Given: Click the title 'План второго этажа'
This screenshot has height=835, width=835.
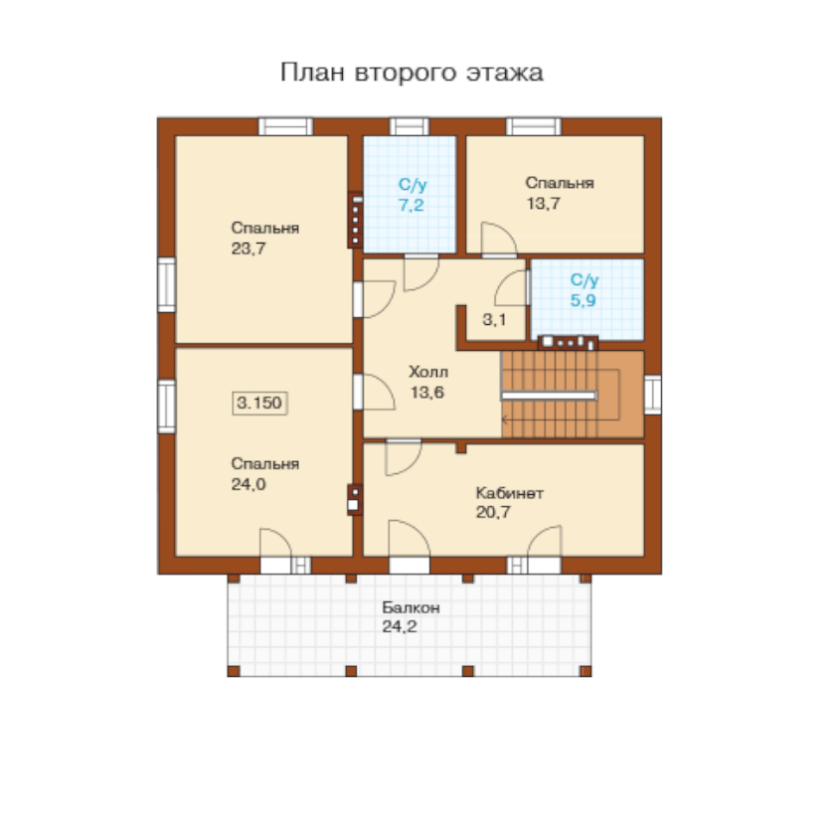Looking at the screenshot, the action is [412, 73].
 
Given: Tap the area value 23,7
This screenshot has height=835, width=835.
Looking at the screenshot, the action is [249, 249].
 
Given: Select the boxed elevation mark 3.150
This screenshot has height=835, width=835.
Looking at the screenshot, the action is [259, 403].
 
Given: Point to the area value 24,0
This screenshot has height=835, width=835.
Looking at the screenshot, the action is [249, 484].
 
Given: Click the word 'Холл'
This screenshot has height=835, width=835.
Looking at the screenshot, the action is [428, 372].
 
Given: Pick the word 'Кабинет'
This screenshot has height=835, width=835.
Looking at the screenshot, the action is [510, 493].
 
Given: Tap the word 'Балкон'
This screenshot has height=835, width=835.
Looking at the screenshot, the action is [411, 607].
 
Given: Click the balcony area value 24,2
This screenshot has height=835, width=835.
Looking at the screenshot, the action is [400, 627].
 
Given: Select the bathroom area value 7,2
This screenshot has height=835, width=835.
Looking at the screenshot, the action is [412, 205].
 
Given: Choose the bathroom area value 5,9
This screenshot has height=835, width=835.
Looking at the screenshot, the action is [584, 300].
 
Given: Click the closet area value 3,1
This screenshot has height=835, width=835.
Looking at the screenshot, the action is [494, 319].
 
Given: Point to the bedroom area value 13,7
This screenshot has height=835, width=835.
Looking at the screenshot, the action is [544, 204].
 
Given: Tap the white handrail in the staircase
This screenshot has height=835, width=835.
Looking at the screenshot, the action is [549, 396].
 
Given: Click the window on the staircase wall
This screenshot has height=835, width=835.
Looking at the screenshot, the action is [653, 395].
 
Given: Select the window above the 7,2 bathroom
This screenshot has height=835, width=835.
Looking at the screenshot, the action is [409, 127].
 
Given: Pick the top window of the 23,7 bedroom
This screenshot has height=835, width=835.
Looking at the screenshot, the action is [286, 127].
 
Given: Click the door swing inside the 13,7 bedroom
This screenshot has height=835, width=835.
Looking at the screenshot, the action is [499, 240].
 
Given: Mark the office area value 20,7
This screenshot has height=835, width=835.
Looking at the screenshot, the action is [493, 512].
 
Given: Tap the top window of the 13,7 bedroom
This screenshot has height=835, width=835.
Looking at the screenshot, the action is [534, 127].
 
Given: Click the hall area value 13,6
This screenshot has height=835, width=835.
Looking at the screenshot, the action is [427, 393].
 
